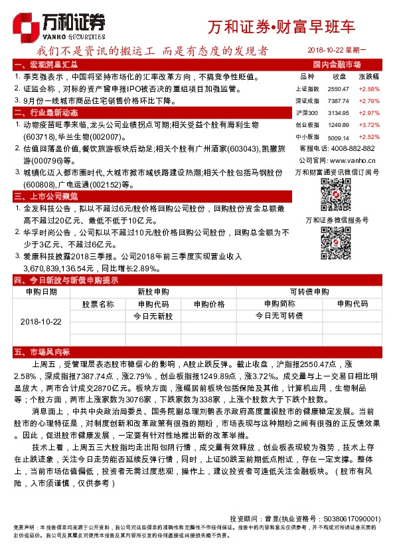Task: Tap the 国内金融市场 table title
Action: pyautogui.click(x=336, y=65)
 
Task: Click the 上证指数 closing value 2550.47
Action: pyautogui.click(x=338, y=89)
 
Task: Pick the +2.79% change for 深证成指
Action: pyautogui.click(x=368, y=100)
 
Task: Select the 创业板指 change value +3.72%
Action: pyautogui.click(x=368, y=124)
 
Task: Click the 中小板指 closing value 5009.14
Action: pyautogui.click(x=338, y=136)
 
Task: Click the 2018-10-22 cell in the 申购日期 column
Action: pyautogui.click(x=40, y=321)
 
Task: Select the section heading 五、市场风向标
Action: pyautogui.click(x=41, y=350)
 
